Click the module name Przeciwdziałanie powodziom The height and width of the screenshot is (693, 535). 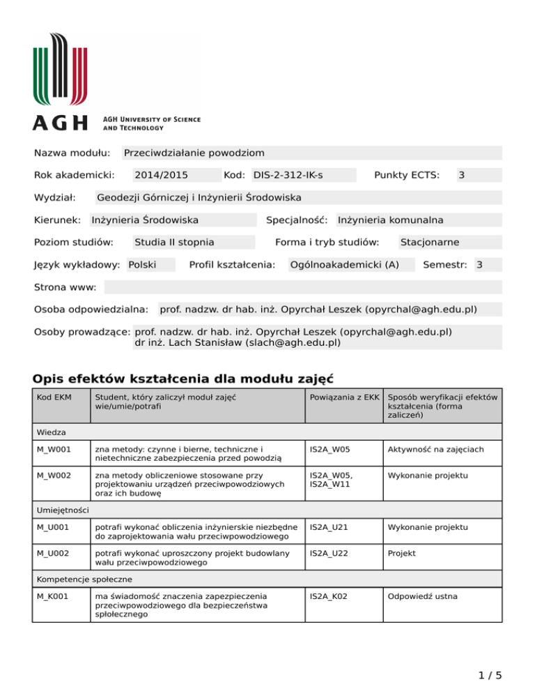[x=194, y=153]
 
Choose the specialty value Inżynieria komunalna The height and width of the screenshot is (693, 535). [x=390, y=220]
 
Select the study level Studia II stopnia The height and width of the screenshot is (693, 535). [x=174, y=243]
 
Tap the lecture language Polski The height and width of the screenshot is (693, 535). [x=143, y=265]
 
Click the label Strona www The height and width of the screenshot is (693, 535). [x=67, y=287]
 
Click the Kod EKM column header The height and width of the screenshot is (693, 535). [x=52, y=397]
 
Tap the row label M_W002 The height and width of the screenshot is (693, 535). [x=53, y=475]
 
